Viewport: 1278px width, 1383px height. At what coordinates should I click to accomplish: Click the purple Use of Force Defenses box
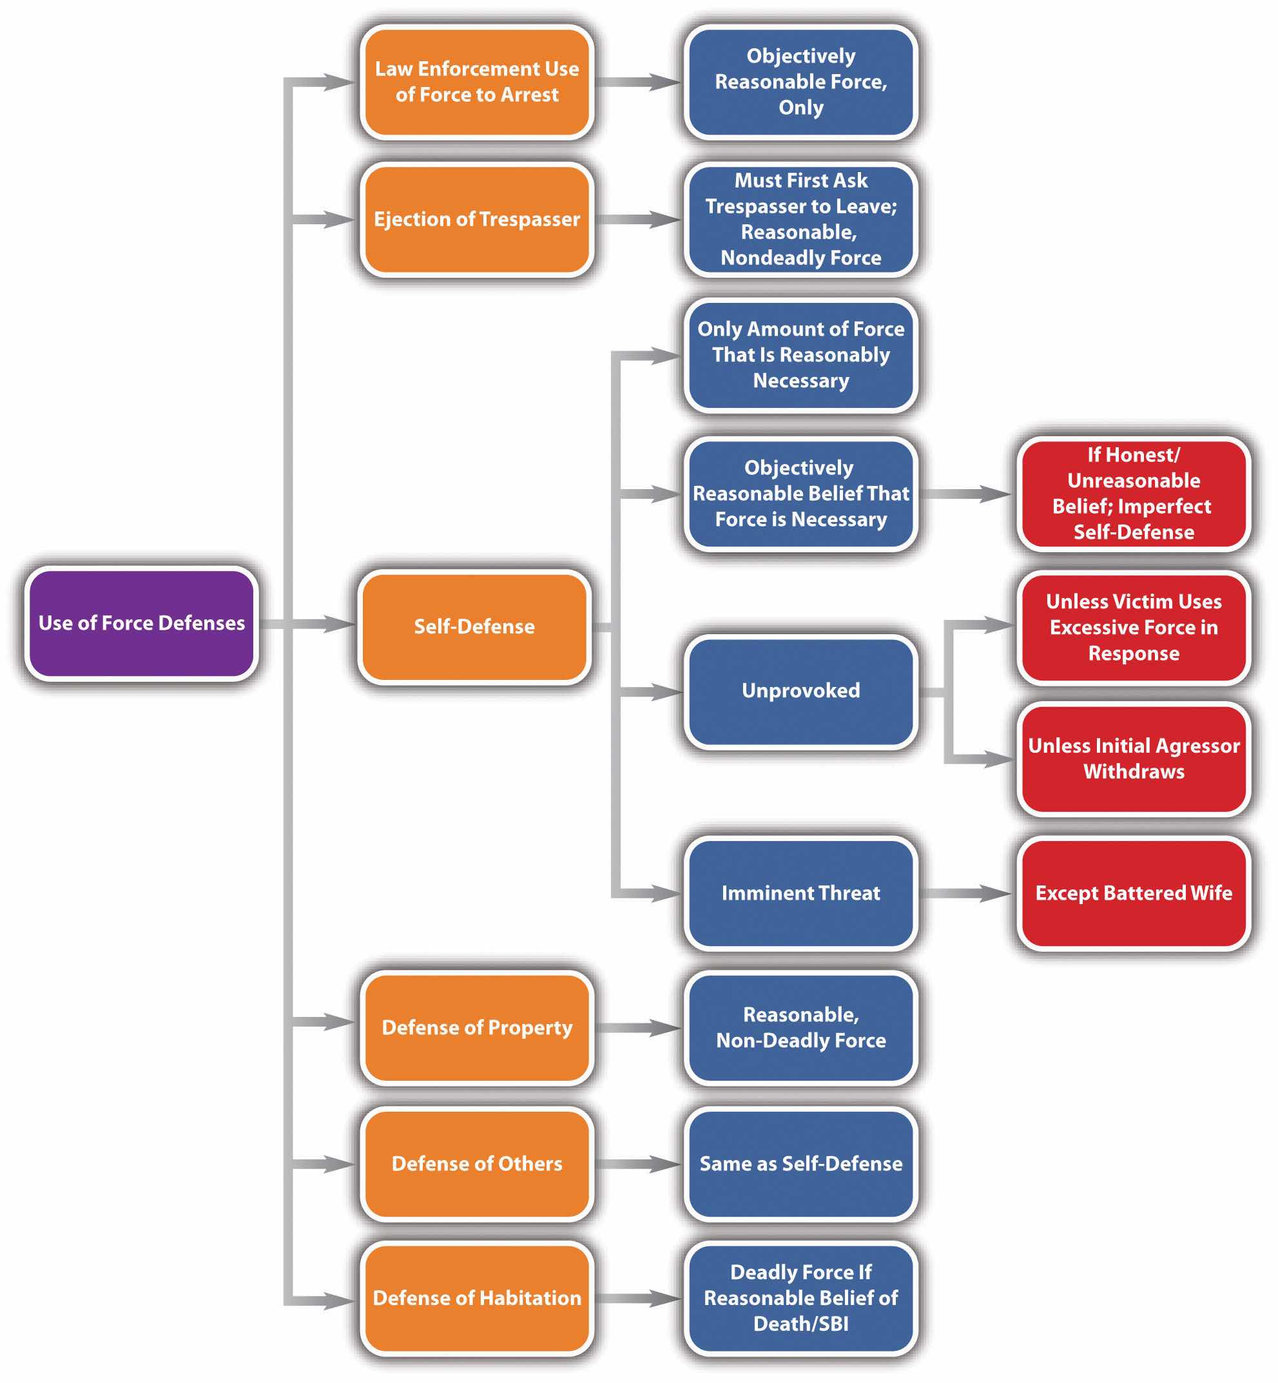point(141,623)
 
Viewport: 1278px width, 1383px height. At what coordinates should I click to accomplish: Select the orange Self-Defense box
point(474,626)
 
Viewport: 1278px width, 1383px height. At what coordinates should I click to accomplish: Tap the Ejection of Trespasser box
point(476,219)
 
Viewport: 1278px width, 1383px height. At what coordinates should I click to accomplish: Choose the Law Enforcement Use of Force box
point(476,82)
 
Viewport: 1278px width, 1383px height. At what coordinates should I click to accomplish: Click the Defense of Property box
point(476,1027)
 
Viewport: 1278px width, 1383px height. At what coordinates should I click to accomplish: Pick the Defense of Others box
point(476,1164)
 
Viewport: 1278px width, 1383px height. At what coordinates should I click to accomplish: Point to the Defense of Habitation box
point(476,1298)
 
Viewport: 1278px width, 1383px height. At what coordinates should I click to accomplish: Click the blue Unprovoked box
point(801,691)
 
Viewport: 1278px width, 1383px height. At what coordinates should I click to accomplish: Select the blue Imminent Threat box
point(801,893)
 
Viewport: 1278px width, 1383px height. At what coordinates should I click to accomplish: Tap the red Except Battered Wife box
point(1134,893)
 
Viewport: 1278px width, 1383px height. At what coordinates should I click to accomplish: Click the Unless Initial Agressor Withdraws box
point(1134,759)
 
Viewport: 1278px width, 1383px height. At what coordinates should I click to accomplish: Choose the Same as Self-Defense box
point(801,1164)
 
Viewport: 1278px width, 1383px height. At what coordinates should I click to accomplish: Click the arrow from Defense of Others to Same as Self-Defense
point(637,1164)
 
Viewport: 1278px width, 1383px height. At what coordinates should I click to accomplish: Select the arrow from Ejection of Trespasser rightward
point(637,219)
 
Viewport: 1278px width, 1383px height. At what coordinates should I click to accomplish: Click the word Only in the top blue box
point(801,108)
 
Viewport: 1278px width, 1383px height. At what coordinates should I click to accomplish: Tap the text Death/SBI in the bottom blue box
point(801,1324)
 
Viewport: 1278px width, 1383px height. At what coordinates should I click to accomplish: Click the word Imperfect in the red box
point(1165,506)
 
